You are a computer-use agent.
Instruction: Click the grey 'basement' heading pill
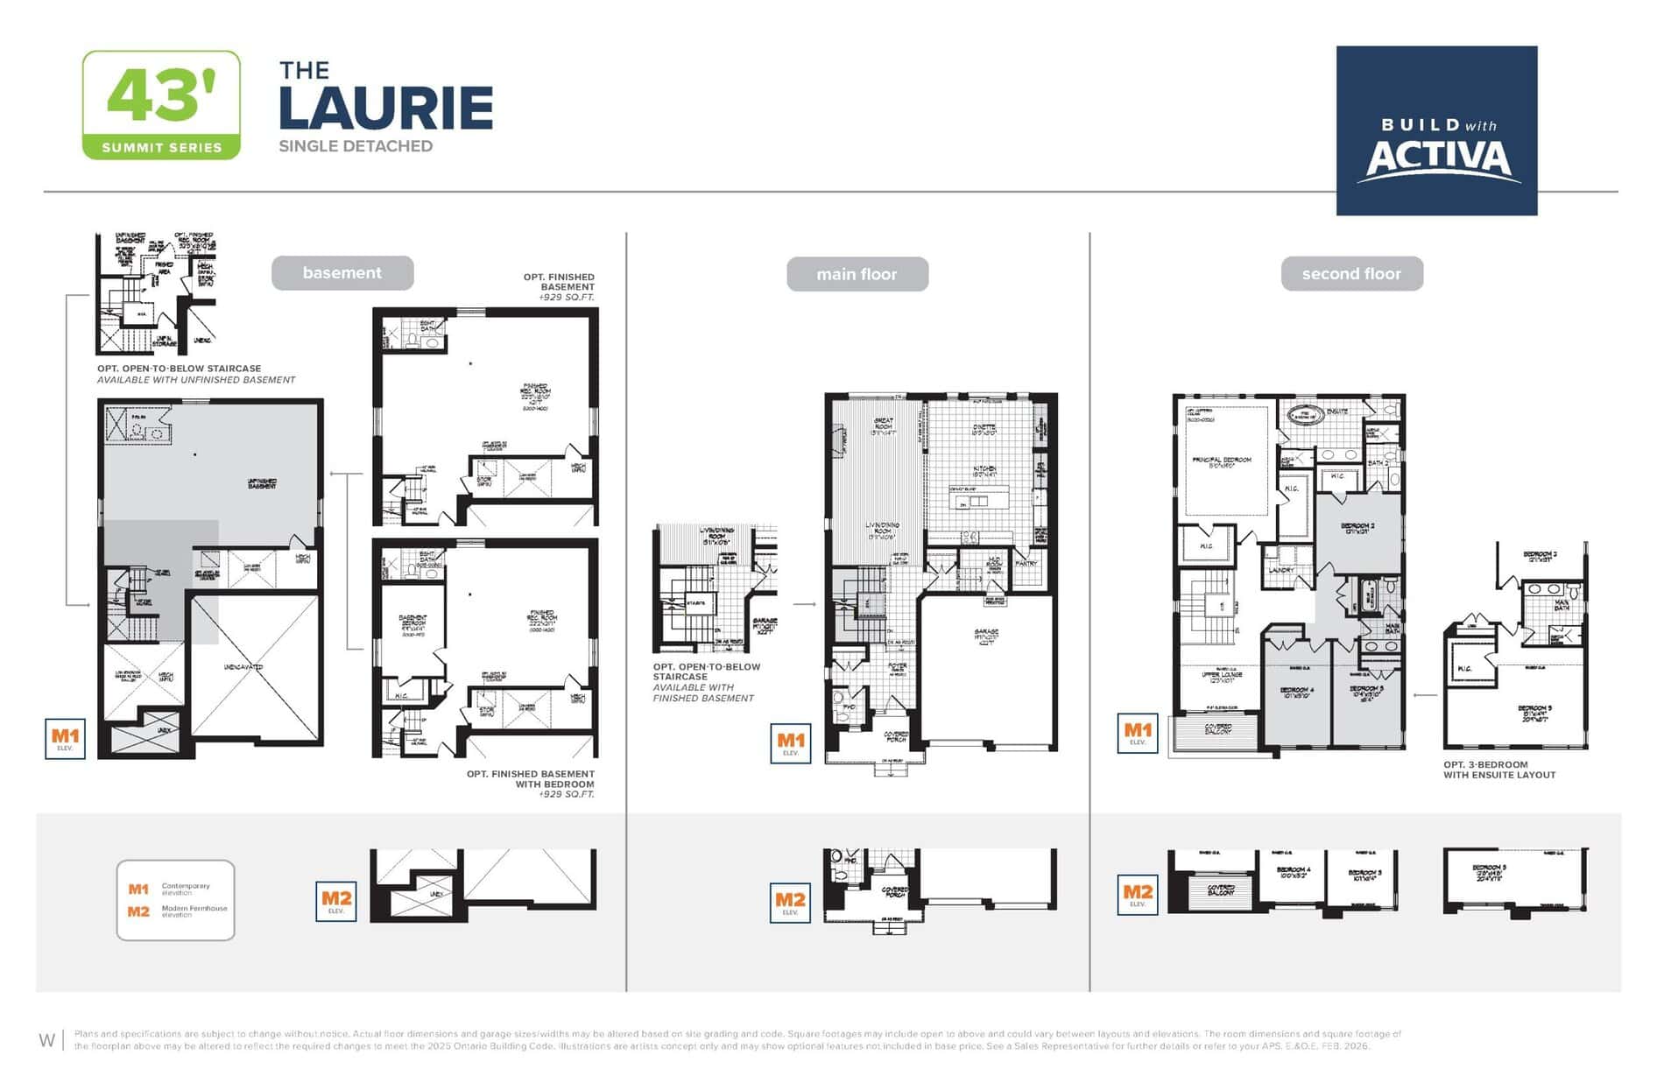tap(342, 273)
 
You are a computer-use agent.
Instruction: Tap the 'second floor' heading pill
tap(1350, 274)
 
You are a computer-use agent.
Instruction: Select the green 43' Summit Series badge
tap(161, 105)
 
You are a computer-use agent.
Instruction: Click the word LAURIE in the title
tap(385, 109)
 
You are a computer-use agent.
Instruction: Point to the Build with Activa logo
tap(1436, 130)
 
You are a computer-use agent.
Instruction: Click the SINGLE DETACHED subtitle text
tap(356, 146)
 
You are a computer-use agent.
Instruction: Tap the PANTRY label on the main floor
tap(1026, 564)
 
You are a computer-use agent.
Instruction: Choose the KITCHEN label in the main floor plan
tap(984, 469)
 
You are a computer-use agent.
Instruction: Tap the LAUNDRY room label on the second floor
tap(1280, 570)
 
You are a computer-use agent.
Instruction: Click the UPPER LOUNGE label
tap(1222, 675)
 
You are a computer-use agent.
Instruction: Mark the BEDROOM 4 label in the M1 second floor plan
tap(1296, 690)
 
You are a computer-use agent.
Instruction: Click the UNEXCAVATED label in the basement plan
tap(243, 667)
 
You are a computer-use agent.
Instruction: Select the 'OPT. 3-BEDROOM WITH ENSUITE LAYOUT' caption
tap(1499, 770)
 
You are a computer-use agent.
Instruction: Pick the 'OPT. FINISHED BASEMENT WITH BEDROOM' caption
tap(530, 779)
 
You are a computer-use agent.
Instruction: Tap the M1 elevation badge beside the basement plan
tap(65, 739)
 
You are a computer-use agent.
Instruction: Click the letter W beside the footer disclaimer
tap(46, 1040)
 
